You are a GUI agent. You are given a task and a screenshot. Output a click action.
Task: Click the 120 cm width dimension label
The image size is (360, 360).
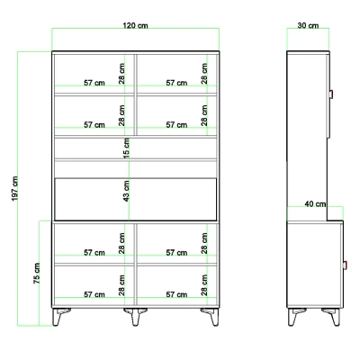[x=135, y=25]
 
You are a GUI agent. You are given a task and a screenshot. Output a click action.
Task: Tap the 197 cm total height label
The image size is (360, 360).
[x=15, y=189]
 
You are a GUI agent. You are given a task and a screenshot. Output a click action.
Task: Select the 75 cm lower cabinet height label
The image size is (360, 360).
[x=37, y=274]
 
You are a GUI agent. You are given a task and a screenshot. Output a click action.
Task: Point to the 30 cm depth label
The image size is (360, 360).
[x=308, y=25]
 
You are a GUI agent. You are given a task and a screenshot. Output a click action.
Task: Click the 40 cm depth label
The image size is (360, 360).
[x=315, y=204]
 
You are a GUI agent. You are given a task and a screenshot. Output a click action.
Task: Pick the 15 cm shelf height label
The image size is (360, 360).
[x=127, y=148]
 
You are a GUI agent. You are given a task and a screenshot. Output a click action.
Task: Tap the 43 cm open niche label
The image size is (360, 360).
[x=127, y=191]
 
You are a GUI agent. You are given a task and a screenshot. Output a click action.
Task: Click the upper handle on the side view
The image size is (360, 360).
[x=331, y=94]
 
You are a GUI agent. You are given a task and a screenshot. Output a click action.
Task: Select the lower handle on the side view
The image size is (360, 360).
[x=345, y=265]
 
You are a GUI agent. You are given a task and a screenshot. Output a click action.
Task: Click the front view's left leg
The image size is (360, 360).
[x=59, y=316]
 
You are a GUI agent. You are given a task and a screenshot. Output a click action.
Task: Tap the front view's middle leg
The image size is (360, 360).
[x=136, y=316]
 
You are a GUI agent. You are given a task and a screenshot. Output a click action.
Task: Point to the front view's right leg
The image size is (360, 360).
[x=211, y=316]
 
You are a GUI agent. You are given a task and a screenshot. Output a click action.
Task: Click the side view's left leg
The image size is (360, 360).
[x=295, y=316]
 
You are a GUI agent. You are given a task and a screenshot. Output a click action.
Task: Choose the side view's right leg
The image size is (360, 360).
[x=332, y=316]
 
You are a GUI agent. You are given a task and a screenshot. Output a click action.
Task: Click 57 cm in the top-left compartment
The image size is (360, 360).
[x=94, y=83]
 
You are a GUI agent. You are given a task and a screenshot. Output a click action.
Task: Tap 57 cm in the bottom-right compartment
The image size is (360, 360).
[x=176, y=294]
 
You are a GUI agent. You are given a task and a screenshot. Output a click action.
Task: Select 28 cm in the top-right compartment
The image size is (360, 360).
[x=204, y=74]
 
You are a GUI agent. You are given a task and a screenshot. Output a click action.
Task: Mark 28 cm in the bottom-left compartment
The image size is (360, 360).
[x=121, y=285]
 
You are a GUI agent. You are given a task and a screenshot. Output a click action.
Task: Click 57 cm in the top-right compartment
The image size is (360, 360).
[x=176, y=83]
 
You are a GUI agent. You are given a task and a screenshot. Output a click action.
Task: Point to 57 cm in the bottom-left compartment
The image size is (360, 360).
[x=94, y=294]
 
